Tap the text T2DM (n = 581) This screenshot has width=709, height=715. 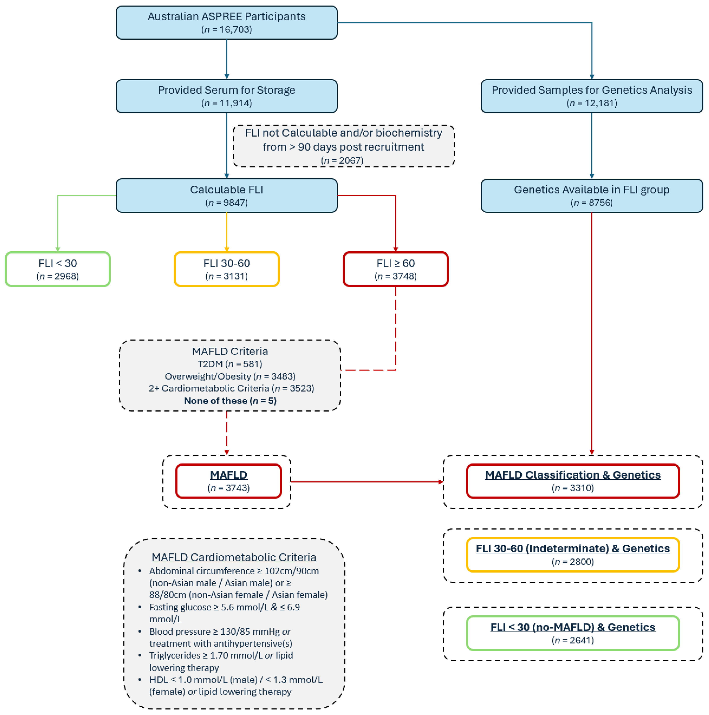pos(230,364)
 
